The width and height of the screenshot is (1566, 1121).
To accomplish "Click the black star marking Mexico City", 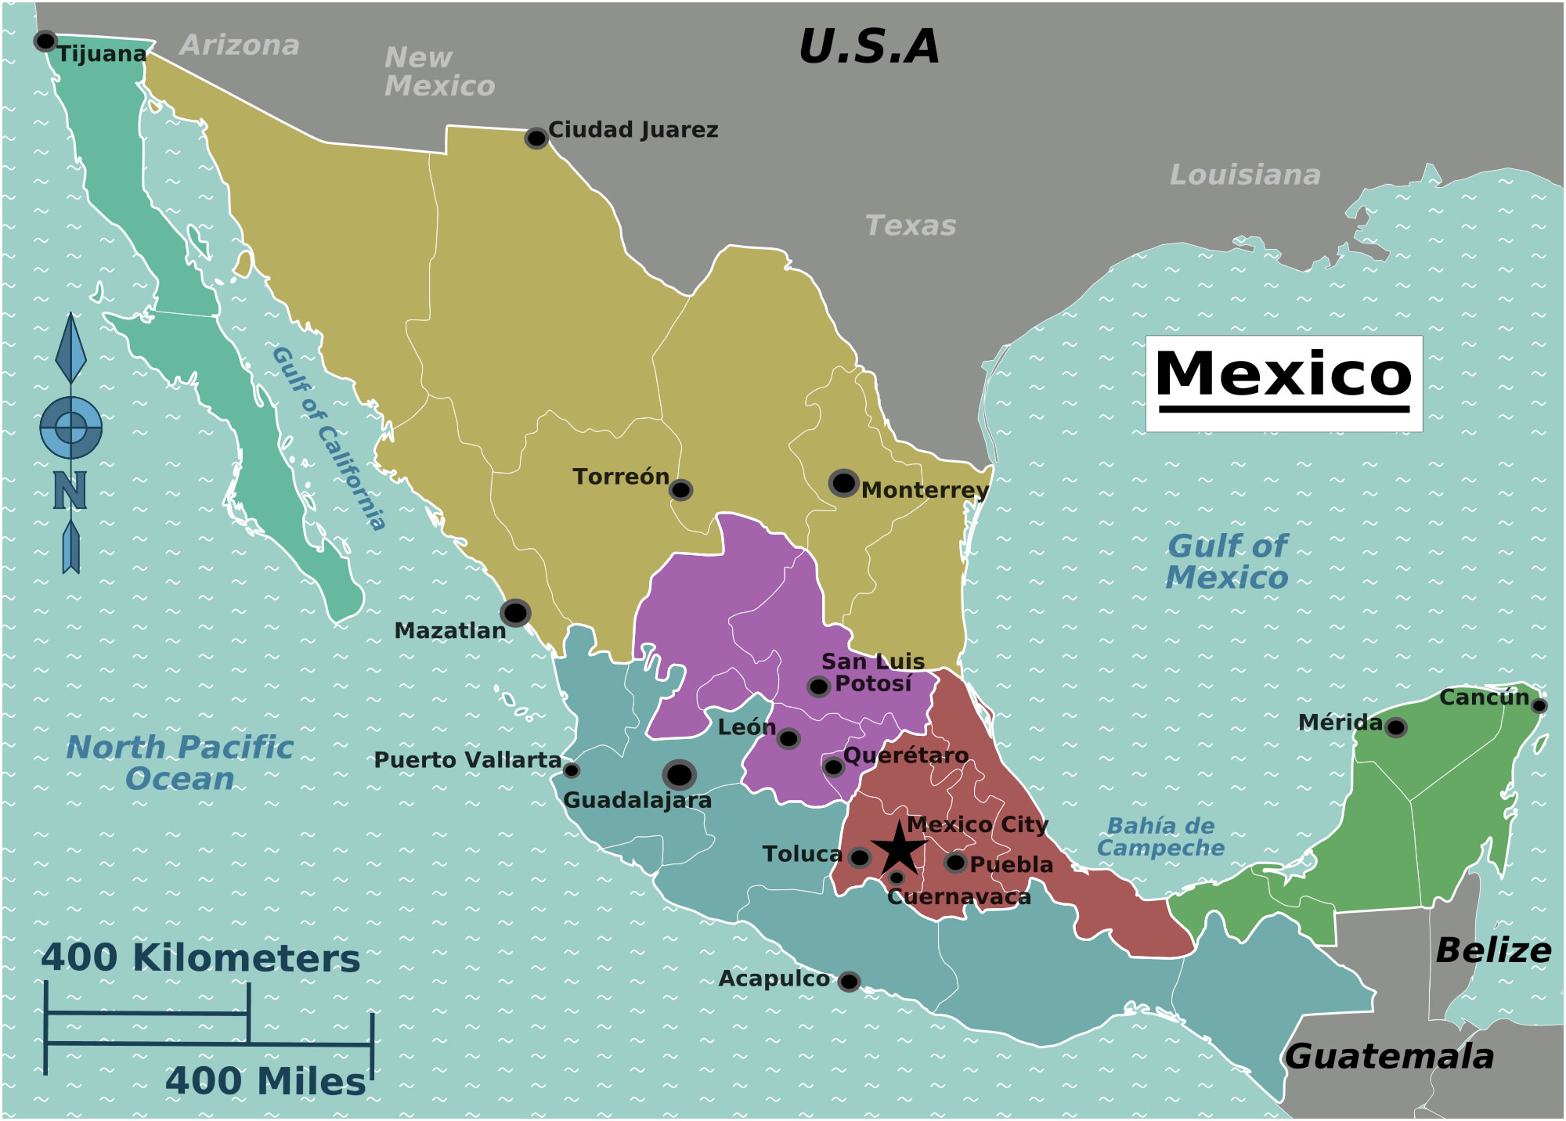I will pyautogui.click(x=899, y=849).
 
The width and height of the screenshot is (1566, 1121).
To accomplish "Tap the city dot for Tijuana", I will pyautogui.click(x=45, y=41).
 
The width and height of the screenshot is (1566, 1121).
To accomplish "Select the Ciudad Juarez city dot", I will pyautogui.click(x=536, y=139).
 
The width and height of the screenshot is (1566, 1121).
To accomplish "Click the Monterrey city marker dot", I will pyautogui.click(x=843, y=483).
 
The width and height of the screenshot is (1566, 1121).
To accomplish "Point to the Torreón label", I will pyautogui.click(x=621, y=477).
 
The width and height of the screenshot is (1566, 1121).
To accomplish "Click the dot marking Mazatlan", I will pyautogui.click(x=515, y=613).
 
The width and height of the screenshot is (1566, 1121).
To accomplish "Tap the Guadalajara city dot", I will pyautogui.click(x=679, y=775).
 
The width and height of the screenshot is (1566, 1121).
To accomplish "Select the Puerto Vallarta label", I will pyautogui.click(x=467, y=760).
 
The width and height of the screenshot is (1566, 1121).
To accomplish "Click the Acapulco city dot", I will pyautogui.click(x=849, y=981).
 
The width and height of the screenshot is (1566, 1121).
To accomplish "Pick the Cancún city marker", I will pyautogui.click(x=1539, y=705).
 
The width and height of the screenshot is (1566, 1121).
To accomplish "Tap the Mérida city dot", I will pyautogui.click(x=1395, y=727).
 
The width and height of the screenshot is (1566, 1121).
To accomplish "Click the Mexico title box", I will pyautogui.click(x=1283, y=383).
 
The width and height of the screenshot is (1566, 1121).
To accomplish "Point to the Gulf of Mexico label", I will pyautogui.click(x=1227, y=562).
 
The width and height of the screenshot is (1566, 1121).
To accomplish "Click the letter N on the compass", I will pyautogui.click(x=70, y=491).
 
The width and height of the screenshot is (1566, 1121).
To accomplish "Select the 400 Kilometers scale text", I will pyautogui.click(x=200, y=958).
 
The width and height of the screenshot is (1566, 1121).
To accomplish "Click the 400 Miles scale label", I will pyautogui.click(x=265, y=1082).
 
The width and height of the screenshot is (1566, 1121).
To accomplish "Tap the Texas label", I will pyautogui.click(x=911, y=225).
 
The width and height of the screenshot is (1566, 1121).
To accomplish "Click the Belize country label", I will pyautogui.click(x=1493, y=950).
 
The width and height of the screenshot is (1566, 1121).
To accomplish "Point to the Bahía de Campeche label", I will pyautogui.click(x=1160, y=837).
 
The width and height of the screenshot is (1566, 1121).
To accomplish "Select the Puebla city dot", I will pyautogui.click(x=955, y=863).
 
